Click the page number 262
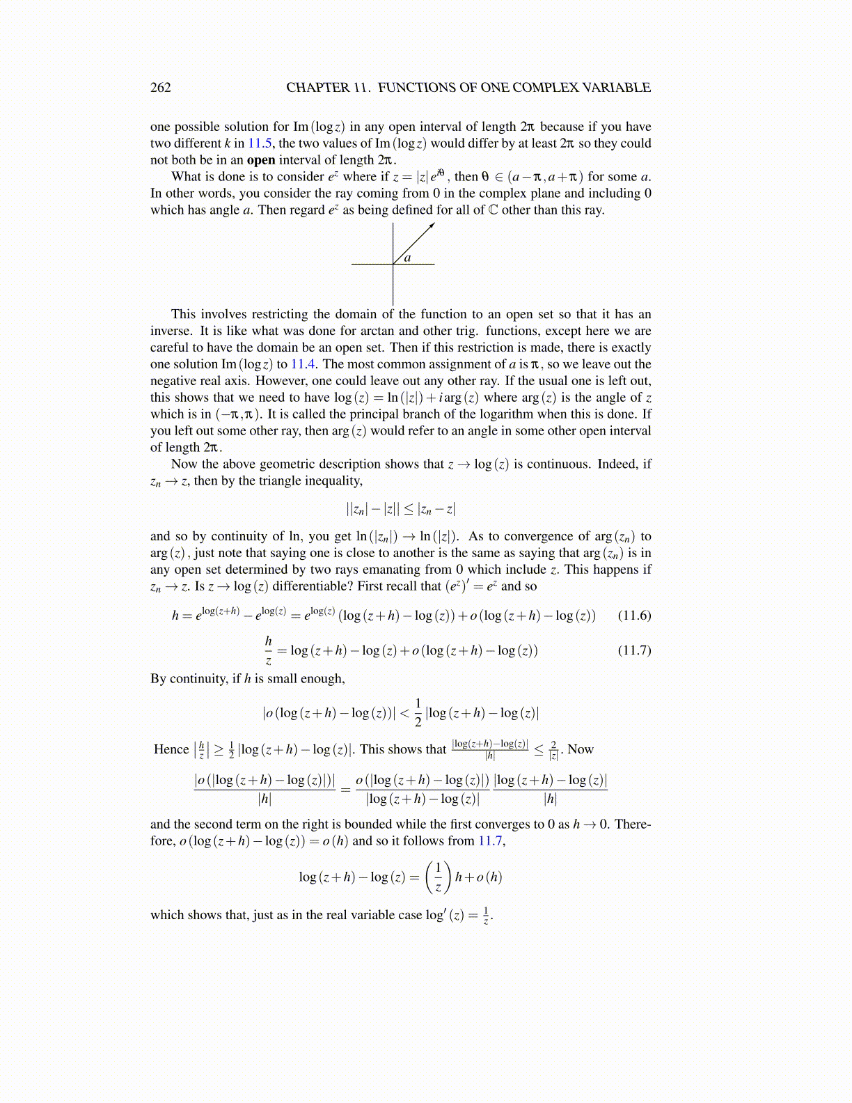coord(160,88)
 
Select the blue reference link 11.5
coord(261,143)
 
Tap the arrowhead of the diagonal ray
coord(432,225)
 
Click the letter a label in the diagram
coord(408,258)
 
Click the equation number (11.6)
coord(634,616)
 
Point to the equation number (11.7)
coord(634,650)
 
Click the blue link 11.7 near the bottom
coord(490,841)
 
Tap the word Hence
coord(171,750)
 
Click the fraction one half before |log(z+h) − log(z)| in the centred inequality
coord(418,712)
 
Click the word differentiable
coord(307,586)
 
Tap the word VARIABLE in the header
coord(616,88)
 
